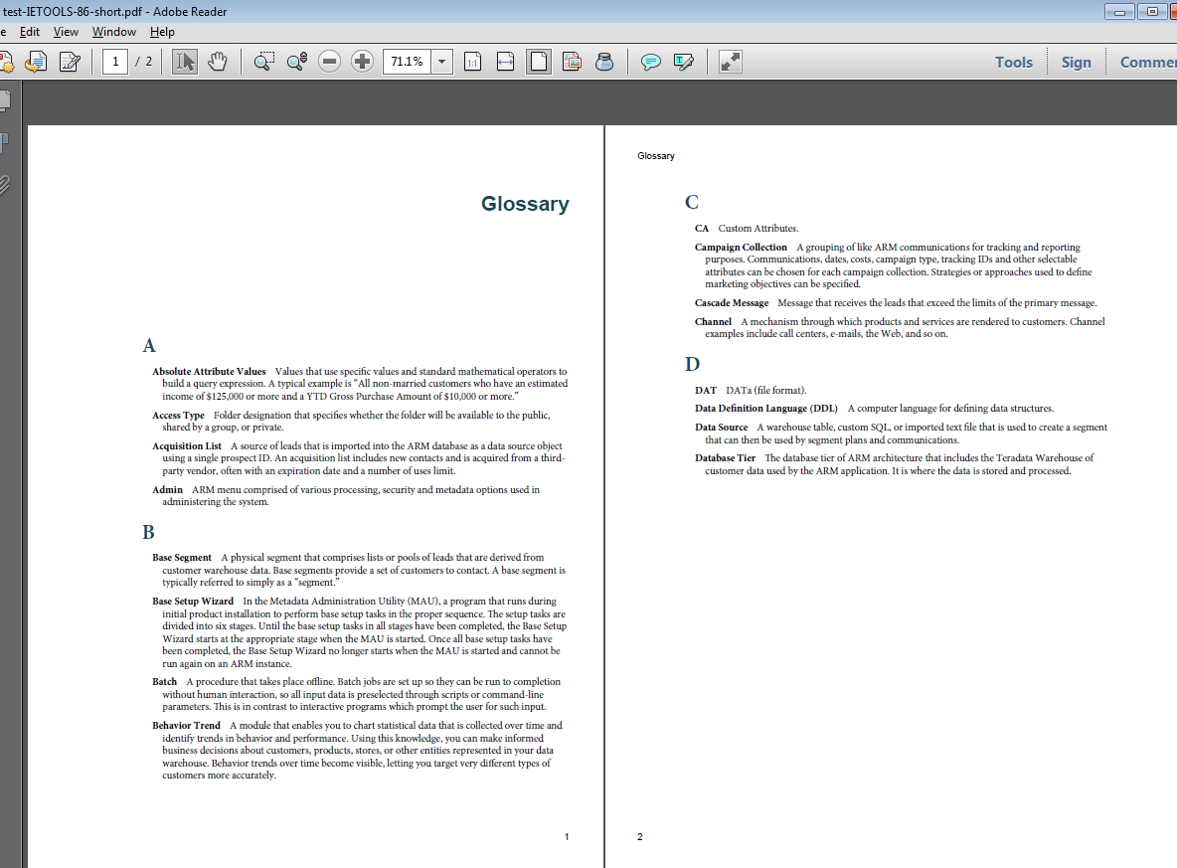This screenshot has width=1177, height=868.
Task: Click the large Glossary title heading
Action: point(525,204)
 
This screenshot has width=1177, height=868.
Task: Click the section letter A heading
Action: point(149,346)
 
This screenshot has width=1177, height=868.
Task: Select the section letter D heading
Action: point(692,364)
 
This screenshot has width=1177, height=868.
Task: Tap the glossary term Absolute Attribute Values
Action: point(209,371)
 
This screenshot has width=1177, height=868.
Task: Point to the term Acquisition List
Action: point(187,446)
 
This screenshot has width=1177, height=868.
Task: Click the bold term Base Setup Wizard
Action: point(193,602)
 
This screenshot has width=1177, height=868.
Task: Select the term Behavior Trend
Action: point(186,726)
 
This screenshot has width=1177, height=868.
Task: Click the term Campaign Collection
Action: point(741,248)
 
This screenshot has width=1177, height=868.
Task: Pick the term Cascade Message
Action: point(732,303)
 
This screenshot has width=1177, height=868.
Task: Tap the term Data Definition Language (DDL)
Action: point(766,409)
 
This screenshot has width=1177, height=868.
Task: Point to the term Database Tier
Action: point(725,458)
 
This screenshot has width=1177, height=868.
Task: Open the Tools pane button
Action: point(1014,62)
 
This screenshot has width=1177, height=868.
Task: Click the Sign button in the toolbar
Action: point(1076,62)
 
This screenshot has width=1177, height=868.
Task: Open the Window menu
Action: point(114,32)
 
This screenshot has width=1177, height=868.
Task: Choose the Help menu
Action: point(162,32)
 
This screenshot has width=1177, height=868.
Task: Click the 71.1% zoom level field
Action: point(407,62)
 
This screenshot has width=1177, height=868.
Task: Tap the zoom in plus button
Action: point(363,62)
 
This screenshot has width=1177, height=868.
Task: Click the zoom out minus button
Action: point(330,62)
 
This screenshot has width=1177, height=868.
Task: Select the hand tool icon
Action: point(217,62)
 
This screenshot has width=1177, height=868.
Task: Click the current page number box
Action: point(115,62)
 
